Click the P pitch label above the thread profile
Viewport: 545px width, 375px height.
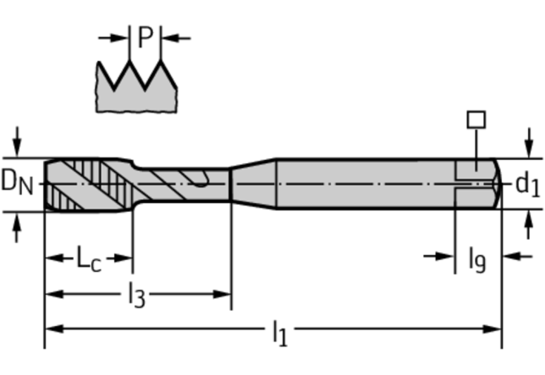(145, 37)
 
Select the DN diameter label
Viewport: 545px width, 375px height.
(18, 183)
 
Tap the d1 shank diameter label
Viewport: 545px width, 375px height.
(527, 184)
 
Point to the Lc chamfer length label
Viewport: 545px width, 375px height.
(89, 259)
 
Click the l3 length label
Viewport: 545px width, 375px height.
(136, 293)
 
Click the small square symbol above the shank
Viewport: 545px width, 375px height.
(476, 120)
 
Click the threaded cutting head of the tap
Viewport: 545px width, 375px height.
(85, 183)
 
